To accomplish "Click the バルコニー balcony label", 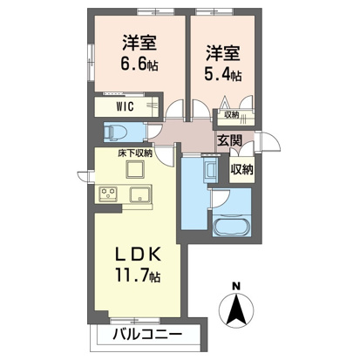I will point(146,335).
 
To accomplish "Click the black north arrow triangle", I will point(237,309).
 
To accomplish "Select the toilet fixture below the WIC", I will point(117,132).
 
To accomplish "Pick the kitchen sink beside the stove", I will point(140,194).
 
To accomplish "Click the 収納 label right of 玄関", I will point(242,168).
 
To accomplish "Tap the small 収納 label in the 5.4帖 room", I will point(230,114).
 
